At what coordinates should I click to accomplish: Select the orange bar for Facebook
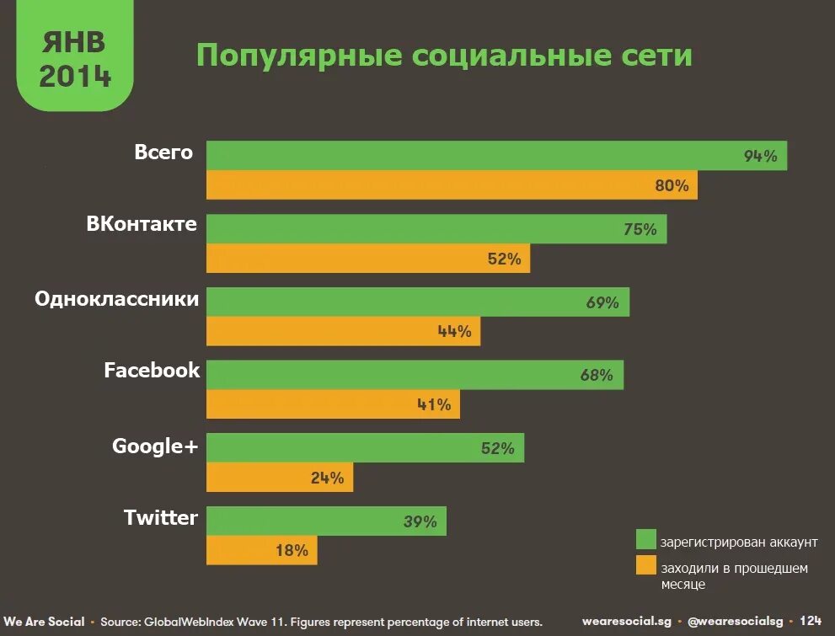(x=333, y=404)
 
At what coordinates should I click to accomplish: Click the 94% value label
(x=760, y=156)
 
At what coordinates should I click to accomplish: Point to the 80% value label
(x=672, y=185)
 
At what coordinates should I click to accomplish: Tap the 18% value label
(x=292, y=551)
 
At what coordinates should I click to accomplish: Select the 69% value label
(x=602, y=302)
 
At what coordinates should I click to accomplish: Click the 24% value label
(x=327, y=478)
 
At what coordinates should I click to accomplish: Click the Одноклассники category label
(x=117, y=299)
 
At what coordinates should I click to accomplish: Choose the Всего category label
(x=163, y=152)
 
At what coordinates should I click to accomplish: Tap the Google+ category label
(x=155, y=446)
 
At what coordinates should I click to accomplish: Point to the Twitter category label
(x=161, y=517)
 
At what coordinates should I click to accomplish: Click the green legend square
(x=645, y=539)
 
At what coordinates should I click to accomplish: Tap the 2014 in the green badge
(x=75, y=76)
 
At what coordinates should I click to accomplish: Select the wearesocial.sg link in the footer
(x=627, y=621)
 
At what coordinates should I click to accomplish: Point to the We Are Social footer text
(x=43, y=622)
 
